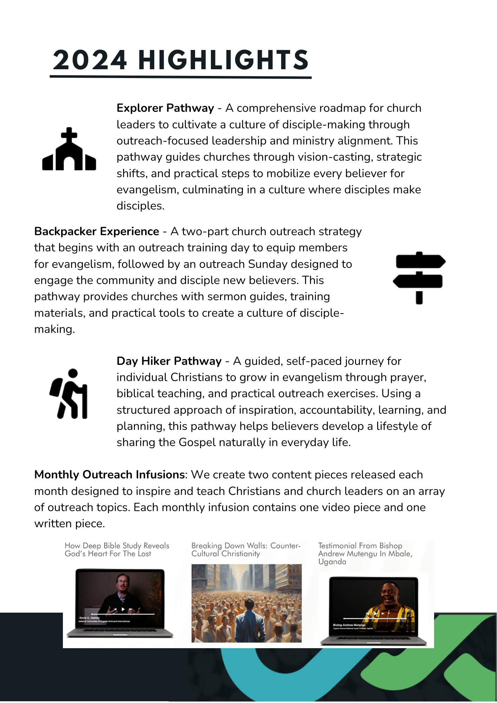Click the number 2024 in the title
pos(90,60)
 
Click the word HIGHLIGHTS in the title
pos(224,60)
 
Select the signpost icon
pos(419,278)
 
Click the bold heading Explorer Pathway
pos(165,108)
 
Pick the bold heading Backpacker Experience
pos(97,231)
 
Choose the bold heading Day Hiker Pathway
pos(169,361)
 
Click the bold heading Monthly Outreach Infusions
pos(109,475)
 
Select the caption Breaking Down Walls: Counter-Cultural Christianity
pos(246,550)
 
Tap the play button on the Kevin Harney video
pos(123,609)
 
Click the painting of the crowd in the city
pos(246,603)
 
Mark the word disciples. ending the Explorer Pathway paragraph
pos(141,206)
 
